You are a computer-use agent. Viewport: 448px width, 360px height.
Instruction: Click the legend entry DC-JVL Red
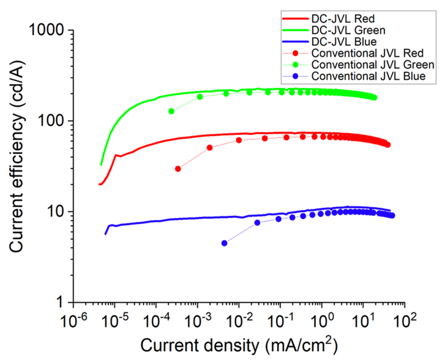tap(343, 19)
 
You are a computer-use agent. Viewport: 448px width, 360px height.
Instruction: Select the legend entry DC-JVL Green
tap(348, 30)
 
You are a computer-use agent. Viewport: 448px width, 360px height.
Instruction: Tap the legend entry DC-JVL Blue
tap(344, 42)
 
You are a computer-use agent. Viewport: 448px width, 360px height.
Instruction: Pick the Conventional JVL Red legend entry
tap(367, 53)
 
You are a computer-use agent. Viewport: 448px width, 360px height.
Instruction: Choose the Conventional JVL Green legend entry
tap(373, 65)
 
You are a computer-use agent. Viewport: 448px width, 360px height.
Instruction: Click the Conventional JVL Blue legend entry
tap(368, 76)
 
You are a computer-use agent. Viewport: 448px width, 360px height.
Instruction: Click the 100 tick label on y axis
tap(51, 120)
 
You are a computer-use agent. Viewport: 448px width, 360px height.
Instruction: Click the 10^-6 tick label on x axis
tap(73, 320)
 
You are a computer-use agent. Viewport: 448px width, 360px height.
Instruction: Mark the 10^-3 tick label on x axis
tap(197, 320)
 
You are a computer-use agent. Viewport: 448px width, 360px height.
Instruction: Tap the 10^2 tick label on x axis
tap(405, 320)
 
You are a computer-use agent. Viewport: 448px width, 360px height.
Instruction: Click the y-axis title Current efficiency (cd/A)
tap(17, 158)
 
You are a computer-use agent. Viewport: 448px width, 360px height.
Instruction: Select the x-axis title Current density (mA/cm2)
tap(239, 345)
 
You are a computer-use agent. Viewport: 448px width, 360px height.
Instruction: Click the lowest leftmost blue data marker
tap(224, 243)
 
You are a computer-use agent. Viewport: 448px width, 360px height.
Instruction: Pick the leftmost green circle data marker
tap(171, 111)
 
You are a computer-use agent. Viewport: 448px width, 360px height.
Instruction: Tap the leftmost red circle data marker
tap(178, 169)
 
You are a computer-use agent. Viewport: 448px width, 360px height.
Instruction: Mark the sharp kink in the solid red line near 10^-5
tap(115, 155)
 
